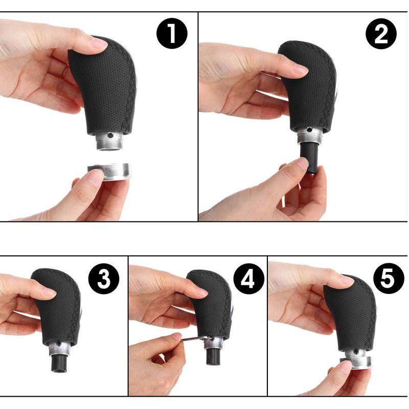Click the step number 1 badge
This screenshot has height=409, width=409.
pos(172,33)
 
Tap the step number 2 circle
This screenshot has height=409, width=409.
pos(381,33)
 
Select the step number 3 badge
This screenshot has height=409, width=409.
pos(104,279)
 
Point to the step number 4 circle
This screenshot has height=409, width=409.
pos(248,279)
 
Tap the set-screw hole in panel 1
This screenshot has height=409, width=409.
pos(110,135)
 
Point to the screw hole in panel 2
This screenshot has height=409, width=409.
pos(309,129)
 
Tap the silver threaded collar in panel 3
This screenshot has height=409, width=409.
pos(60,348)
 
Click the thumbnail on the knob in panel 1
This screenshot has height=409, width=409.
pos(99,43)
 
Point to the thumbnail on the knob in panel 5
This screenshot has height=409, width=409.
pos(348,280)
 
